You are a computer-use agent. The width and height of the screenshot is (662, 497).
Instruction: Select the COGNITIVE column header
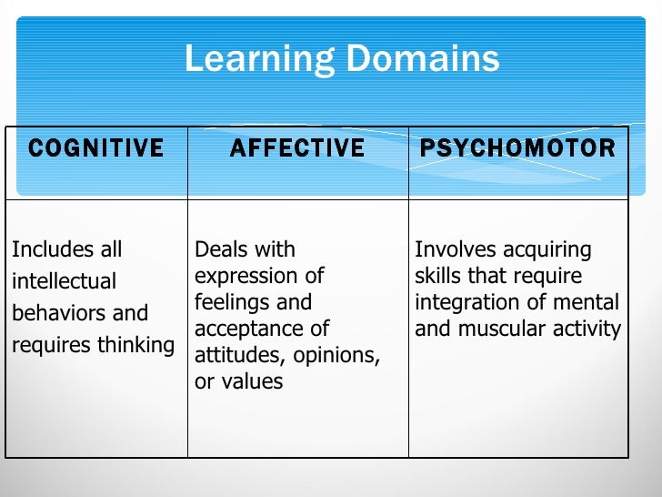(x=95, y=148)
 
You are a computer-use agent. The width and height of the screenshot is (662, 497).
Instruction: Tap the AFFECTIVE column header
(x=297, y=148)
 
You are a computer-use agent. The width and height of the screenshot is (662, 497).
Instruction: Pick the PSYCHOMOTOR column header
(x=517, y=148)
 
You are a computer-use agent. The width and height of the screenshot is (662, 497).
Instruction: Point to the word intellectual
(x=64, y=281)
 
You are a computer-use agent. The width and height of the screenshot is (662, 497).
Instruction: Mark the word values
(x=252, y=381)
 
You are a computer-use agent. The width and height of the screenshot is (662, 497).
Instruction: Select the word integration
(x=459, y=302)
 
